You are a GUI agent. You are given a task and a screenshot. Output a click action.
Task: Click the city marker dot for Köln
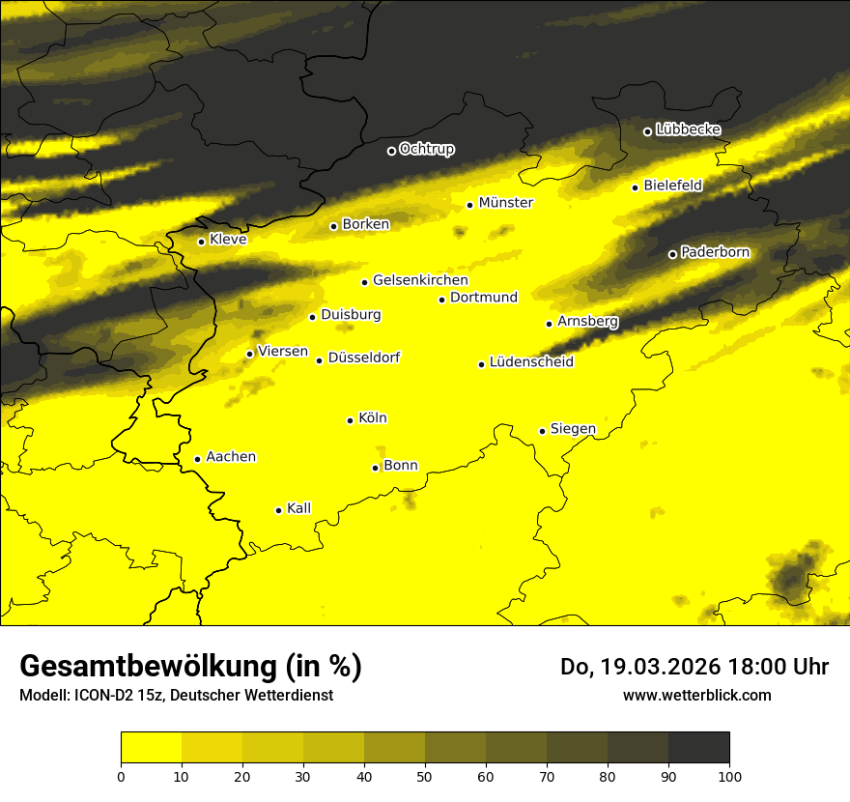coord(350,420)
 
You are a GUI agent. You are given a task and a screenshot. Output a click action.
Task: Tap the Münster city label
coord(505,203)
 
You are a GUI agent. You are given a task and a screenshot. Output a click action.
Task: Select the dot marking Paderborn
coord(672,254)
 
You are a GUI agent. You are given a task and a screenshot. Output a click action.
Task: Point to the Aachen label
coord(231,457)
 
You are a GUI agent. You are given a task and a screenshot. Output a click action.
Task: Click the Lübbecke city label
coord(688,129)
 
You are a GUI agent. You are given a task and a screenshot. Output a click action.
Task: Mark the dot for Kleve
coord(201,242)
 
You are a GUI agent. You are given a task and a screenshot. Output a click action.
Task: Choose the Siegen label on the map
coord(573,429)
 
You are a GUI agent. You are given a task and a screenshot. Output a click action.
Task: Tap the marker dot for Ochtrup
coord(391,151)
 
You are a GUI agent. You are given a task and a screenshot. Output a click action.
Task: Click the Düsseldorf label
coord(363,358)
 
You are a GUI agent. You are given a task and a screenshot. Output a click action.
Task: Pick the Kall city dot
coord(278,510)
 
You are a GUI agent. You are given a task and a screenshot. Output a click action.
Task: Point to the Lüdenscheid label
coord(531,362)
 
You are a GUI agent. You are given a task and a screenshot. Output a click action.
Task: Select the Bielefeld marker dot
coord(635,187)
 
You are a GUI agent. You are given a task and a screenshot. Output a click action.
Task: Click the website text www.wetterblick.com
coord(696,695)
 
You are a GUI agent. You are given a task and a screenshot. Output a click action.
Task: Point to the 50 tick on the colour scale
coord(425,775)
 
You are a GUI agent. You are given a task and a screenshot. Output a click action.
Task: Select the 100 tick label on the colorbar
coord(729,775)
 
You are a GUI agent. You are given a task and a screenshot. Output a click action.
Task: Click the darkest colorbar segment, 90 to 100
coord(698,748)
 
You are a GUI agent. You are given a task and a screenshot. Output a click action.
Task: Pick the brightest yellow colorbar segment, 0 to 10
coord(151,748)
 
